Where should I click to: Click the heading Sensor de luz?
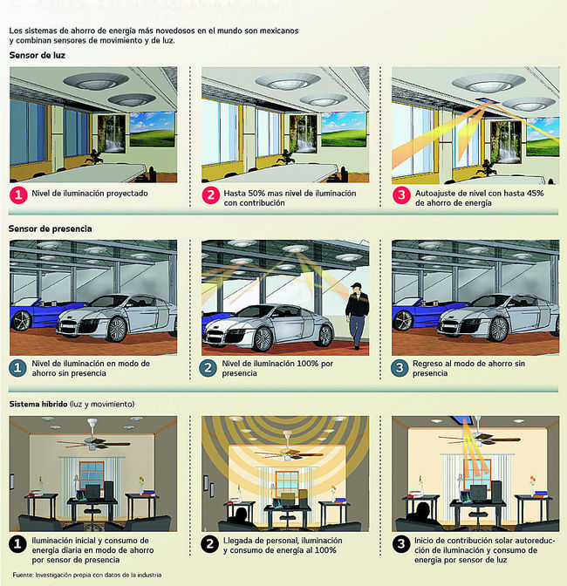(38, 55)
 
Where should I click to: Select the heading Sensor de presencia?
(50, 228)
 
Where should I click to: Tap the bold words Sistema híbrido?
(38, 404)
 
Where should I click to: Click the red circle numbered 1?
(18, 195)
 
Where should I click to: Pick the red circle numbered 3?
(401, 195)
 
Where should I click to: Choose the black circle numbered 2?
(209, 544)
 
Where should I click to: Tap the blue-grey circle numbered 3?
(400, 368)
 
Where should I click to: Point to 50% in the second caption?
(256, 194)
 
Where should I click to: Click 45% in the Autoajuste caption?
(536, 194)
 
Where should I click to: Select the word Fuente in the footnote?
(23, 575)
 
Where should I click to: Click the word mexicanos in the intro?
(279, 31)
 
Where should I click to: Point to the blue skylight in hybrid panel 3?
(462, 420)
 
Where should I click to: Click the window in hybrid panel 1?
(92, 475)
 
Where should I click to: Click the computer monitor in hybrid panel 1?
(92, 492)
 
